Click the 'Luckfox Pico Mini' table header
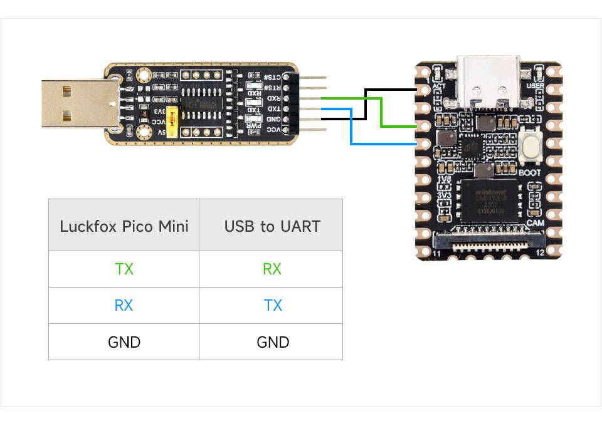tap(124, 226)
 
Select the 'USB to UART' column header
tap(272, 226)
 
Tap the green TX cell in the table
tap(124, 269)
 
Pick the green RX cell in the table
tap(272, 269)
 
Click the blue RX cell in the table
tap(124, 306)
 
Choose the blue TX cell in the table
tap(272, 306)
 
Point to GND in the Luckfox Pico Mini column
tap(124, 342)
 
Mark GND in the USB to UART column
tap(272, 342)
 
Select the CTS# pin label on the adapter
tap(274, 77)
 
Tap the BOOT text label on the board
tap(531, 172)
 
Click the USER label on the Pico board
tap(535, 86)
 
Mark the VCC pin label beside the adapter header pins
tap(274, 129)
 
